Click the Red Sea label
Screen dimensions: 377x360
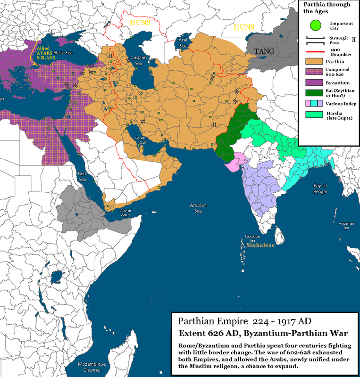83,176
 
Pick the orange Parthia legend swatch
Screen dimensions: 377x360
312,61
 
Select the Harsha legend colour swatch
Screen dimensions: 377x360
312,114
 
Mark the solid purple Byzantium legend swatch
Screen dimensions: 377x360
312,82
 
